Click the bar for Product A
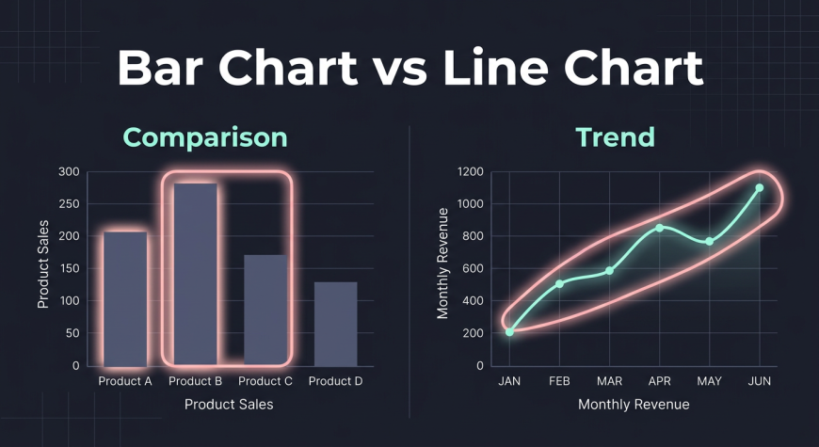click(125, 298)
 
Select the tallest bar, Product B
click(196, 274)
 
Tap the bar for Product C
click(265, 311)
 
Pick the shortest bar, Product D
click(336, 324)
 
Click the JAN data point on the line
click(510, 331)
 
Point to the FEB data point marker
click(559, 283)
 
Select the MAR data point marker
click(610, 270)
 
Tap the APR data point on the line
click(659, 228)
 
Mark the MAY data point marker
click(709, 241)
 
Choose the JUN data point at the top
click(760, 187)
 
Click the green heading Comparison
click(205, 137)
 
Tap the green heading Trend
click(616, 136)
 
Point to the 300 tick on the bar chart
click(69, 172)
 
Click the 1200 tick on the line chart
click(471, 172)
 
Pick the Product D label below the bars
click(335, 381)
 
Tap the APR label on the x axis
click(659, 381)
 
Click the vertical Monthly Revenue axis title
click(443, 263)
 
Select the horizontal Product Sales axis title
click(229, 404)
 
